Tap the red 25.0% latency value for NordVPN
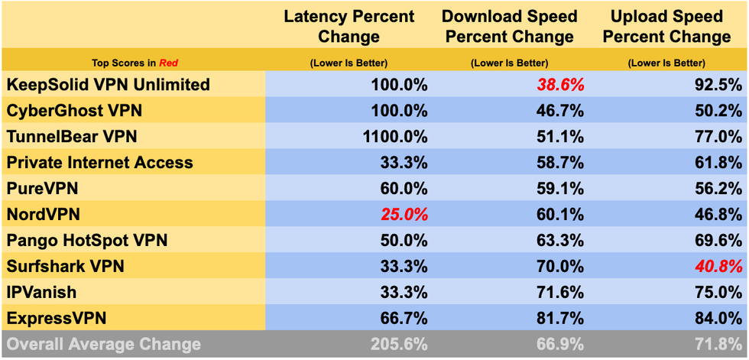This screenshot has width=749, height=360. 404,215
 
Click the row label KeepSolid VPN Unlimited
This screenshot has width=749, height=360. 108,85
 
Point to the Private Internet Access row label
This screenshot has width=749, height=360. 99,163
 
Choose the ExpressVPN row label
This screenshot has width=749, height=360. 57,318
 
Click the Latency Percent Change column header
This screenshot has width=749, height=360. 349,26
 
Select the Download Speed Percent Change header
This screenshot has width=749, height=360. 510,26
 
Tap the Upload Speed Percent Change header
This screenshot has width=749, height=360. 667,26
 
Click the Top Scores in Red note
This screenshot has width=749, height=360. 135,63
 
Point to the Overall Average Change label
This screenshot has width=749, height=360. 103,345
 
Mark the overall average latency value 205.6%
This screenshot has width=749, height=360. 399,345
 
